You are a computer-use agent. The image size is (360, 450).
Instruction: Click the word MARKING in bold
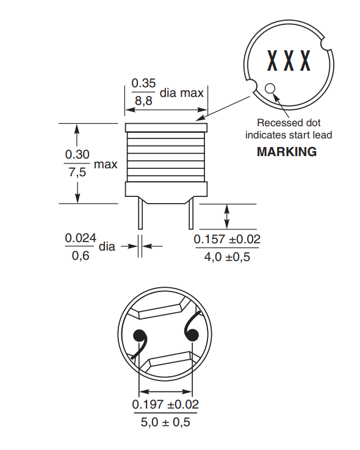pyautogui.click(x=287, y=152)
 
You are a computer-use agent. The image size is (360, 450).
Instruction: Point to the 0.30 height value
pyautogui.click(x=77, y=155)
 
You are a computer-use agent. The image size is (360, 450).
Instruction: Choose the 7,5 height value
pyautogui.click(x=77, y=173)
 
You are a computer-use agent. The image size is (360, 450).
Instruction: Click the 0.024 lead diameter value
pyautogui.click(x=81, y=238)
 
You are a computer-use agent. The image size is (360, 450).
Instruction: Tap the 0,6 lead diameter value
pyautogui.click(x=81, y=256)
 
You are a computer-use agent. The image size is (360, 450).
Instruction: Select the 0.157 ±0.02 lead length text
pyautogui.click(x=227, y=240)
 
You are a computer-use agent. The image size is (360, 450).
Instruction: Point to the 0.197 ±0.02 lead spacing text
pyautogui.click(x=165, y=404)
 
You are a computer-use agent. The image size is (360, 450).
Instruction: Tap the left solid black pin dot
pyautogui.click(x=140, y=336)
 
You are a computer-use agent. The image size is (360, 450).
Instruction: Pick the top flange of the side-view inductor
pyautogui.click(x=166, y=129)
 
